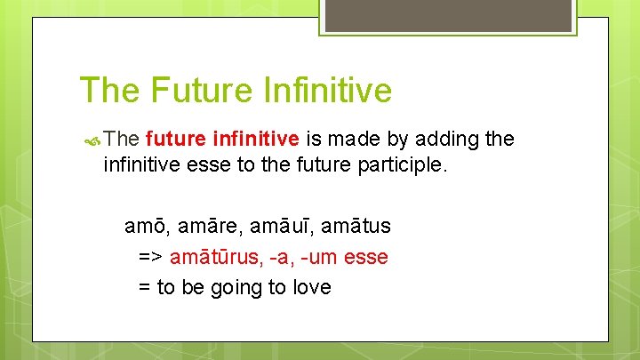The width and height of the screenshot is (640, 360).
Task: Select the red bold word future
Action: [x=174, y=139]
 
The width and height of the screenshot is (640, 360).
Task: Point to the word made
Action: [x=356, y=139]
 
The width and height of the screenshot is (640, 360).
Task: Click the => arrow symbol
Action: [x=150, y=258]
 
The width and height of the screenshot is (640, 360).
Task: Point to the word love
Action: [x=310, y=288]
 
